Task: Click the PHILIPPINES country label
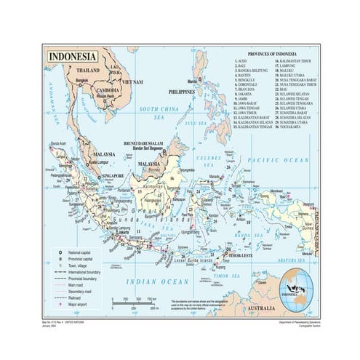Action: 182,93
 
